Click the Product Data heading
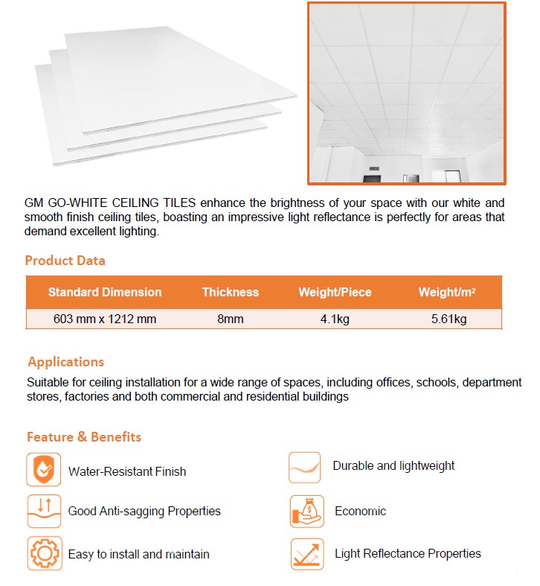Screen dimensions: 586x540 65,261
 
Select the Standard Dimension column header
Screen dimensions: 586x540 104,292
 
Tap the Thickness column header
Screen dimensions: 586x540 231,292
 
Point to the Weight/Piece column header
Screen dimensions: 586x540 335,292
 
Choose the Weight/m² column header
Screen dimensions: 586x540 447,292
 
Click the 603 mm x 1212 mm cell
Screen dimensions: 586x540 105,319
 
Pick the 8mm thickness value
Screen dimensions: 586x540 231,319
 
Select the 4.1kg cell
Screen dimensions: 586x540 335,319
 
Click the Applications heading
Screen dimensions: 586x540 65,362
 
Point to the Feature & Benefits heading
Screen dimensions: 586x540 84,436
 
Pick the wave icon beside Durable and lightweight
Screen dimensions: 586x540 305,468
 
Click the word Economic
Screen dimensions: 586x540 361,512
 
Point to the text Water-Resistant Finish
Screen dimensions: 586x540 127,471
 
